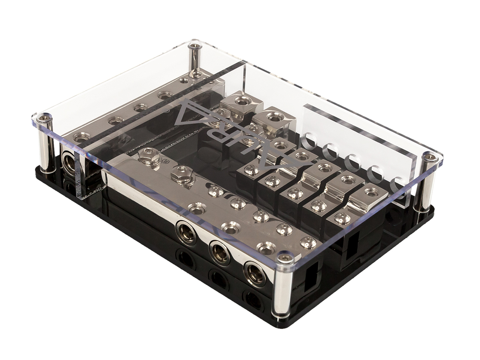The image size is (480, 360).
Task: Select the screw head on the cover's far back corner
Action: (x=195, y=44)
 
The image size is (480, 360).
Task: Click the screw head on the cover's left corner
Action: (x=44, y=118)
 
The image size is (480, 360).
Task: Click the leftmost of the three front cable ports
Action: (x=186, y=233)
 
